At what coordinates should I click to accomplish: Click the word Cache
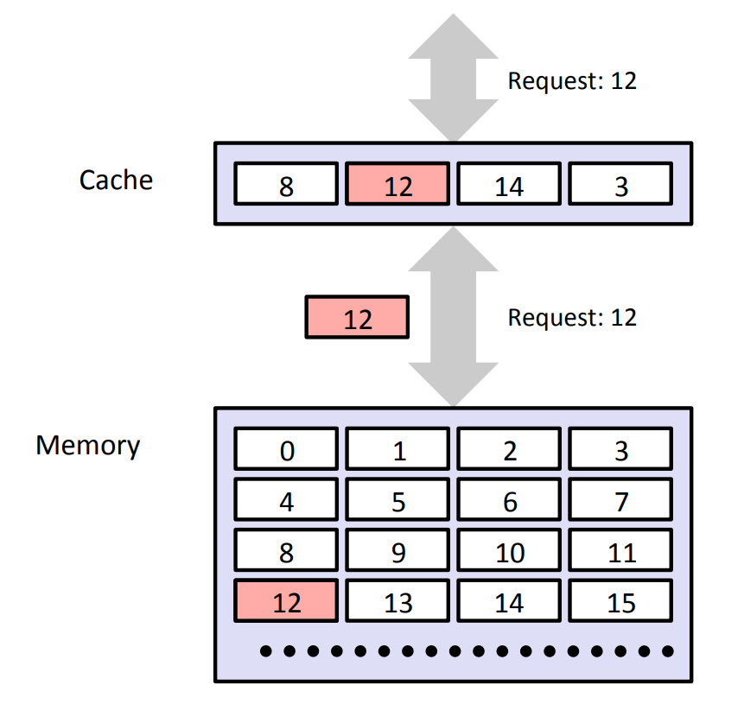click(116, 180)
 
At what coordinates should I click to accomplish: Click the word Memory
click(87, 445)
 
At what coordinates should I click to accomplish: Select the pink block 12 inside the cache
click(397, 185)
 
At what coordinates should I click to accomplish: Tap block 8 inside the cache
click(286, 185)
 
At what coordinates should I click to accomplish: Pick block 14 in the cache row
click(509, 185)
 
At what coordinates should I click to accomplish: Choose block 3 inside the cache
click(620, 185)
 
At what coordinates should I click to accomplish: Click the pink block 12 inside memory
click(286, 601)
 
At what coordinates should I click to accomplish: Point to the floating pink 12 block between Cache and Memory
click(357, 317)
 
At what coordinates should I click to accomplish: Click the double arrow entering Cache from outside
click(453, 78)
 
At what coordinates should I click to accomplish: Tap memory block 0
click(286, 450)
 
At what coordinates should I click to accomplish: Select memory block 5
click(397, 501)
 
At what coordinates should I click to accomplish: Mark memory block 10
click(509, 551)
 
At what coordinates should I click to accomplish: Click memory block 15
click(620, 601)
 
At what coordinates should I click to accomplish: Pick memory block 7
click(620, 501)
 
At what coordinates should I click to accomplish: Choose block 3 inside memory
click(620, 450)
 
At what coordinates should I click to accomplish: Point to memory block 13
click(397, 601)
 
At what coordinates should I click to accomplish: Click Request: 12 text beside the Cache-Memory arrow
click(571, 317)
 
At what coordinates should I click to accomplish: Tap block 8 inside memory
click(286, 551)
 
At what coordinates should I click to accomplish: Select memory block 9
click(397, 551)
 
